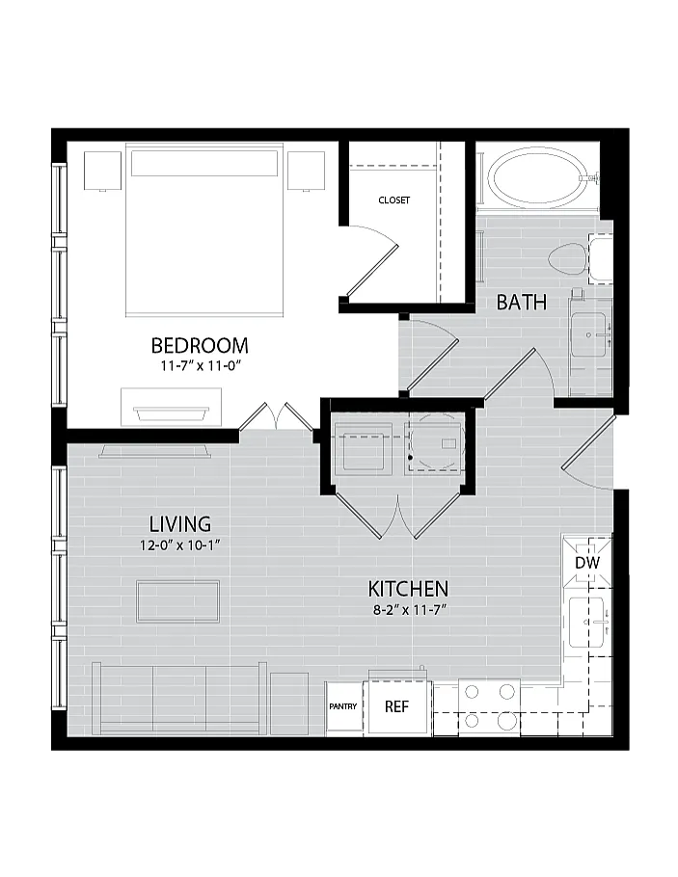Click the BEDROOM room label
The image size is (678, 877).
click(x=200, y=345)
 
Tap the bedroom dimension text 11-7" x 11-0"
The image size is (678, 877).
click(x=200, y=366)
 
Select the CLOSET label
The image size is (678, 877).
click(x=394, y=199)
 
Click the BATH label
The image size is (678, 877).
click(x=521, y=302)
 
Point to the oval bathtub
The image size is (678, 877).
click(x=536, y=178)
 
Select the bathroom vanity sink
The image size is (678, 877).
click(x=588, y=334)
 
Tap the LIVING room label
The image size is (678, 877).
click(x=180, y=524)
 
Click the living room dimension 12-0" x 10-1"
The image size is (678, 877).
click(x=180, y=545)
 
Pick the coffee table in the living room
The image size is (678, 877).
click(x=178, y=601)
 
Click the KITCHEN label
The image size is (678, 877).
click(x=408, y=589)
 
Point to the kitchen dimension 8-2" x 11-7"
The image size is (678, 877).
click(x=409, y=610)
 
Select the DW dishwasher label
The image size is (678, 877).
click(x=587, y=562)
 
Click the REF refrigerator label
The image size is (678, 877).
click(x=396, y=706)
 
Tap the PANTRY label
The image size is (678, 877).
click(x=342, y=706)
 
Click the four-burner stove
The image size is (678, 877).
click(x=489, y=707)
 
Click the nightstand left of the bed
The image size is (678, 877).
click(x=102, y=171)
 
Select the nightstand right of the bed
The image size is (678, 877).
click(x=307, y=171)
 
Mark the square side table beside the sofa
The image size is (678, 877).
click(x=289, y=704)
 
